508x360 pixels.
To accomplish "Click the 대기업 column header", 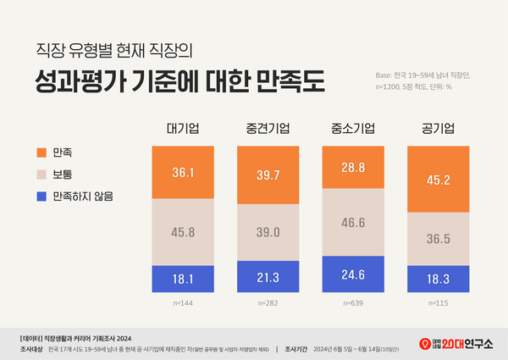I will tap(182, 129).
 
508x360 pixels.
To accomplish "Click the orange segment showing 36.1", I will tap(182, 171).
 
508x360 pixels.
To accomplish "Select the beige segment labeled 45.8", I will tap(182, 231).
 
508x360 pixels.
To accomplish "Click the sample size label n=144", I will tap(182, 301).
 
